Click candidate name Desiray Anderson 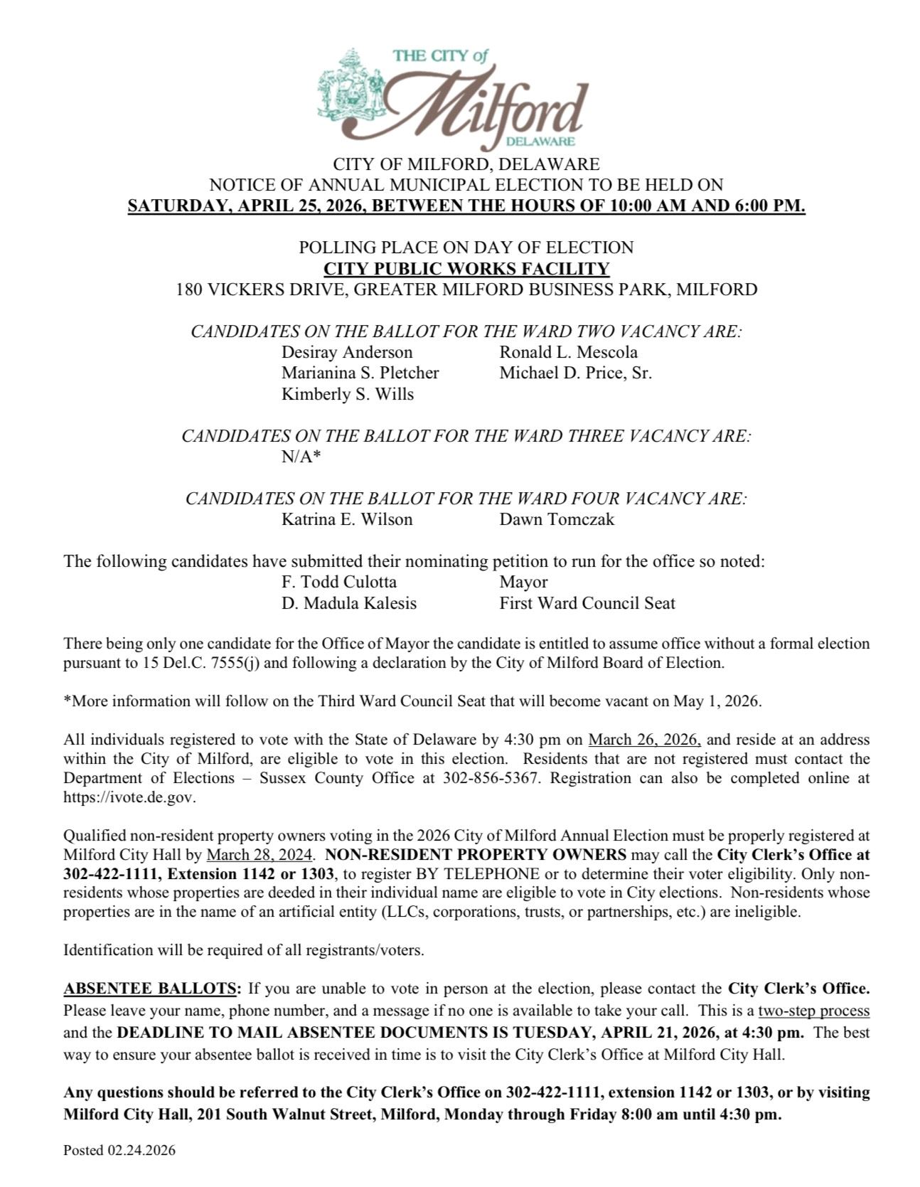[x=347, y=352]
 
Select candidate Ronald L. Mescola [x=568, y=352]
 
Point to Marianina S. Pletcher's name [x=360, y=373]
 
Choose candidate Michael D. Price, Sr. [x=575, y=373]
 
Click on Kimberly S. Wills [x=348, y=394]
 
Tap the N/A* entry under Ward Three [x=301, y=457]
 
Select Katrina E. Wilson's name [x=347, y=519]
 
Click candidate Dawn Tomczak [x=557, y=519]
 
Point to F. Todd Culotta [x=339, y=582]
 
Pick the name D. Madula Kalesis [x=349, y=603]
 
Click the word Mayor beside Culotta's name [x=523, y=582]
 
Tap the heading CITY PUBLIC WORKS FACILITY [x=466, y=269]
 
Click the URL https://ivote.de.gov [x=129, y=797]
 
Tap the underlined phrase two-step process [x=814, y=1011]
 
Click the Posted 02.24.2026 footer [x=119, y=1150]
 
